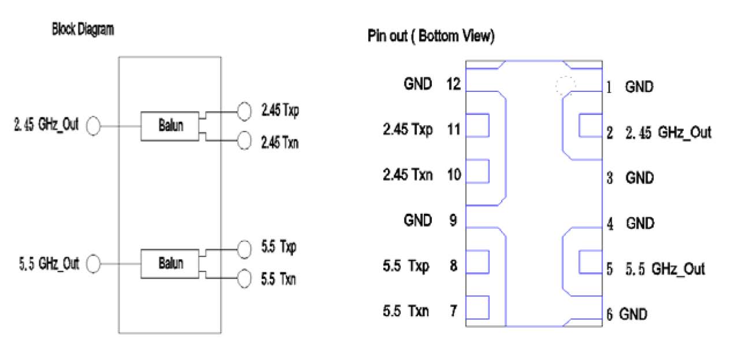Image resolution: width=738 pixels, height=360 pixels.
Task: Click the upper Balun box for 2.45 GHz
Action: tap(170, 125)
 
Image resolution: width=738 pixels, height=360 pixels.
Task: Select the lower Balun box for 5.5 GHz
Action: tap(170, 263)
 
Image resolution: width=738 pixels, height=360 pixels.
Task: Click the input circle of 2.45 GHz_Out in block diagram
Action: tap(94, 125)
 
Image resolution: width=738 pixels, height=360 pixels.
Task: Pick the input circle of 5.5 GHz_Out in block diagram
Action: tap(94, 265)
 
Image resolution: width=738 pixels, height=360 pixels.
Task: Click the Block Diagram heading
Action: tap(83, 31)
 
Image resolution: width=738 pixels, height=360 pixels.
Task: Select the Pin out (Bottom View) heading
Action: tap(431, 36)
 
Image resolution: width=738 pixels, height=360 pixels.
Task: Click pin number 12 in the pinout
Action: tap(453, 84)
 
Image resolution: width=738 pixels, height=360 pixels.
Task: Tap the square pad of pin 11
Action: tap(478, 125)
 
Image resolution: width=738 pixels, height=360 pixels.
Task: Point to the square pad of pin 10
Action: tap(478, 171)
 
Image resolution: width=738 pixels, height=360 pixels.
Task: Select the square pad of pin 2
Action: tap(590, 125)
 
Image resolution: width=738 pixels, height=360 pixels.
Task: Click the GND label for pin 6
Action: tap(633, 314)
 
